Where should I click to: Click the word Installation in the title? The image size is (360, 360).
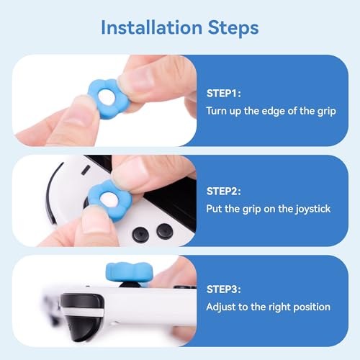[149, 27]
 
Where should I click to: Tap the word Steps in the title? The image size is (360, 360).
[230, 27]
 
